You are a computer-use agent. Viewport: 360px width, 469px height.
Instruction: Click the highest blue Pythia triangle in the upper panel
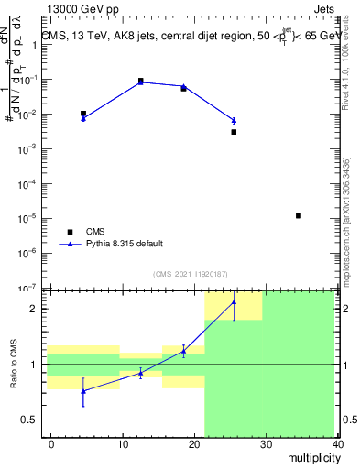(140, 82)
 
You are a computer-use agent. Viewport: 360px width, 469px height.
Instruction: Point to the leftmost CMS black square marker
(83, 114)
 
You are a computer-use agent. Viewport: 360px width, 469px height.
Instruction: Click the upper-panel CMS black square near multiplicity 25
(234, 132)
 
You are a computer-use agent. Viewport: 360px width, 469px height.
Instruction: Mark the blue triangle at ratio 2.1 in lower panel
(234, 301)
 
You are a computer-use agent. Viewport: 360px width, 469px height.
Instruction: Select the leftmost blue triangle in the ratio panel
(83, 391)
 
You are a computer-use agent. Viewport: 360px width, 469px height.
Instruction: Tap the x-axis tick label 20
(194, 444)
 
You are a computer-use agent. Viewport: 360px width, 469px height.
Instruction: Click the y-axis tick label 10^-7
(34, 289)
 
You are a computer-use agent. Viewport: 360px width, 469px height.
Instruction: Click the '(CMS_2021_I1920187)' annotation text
(190, 274)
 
